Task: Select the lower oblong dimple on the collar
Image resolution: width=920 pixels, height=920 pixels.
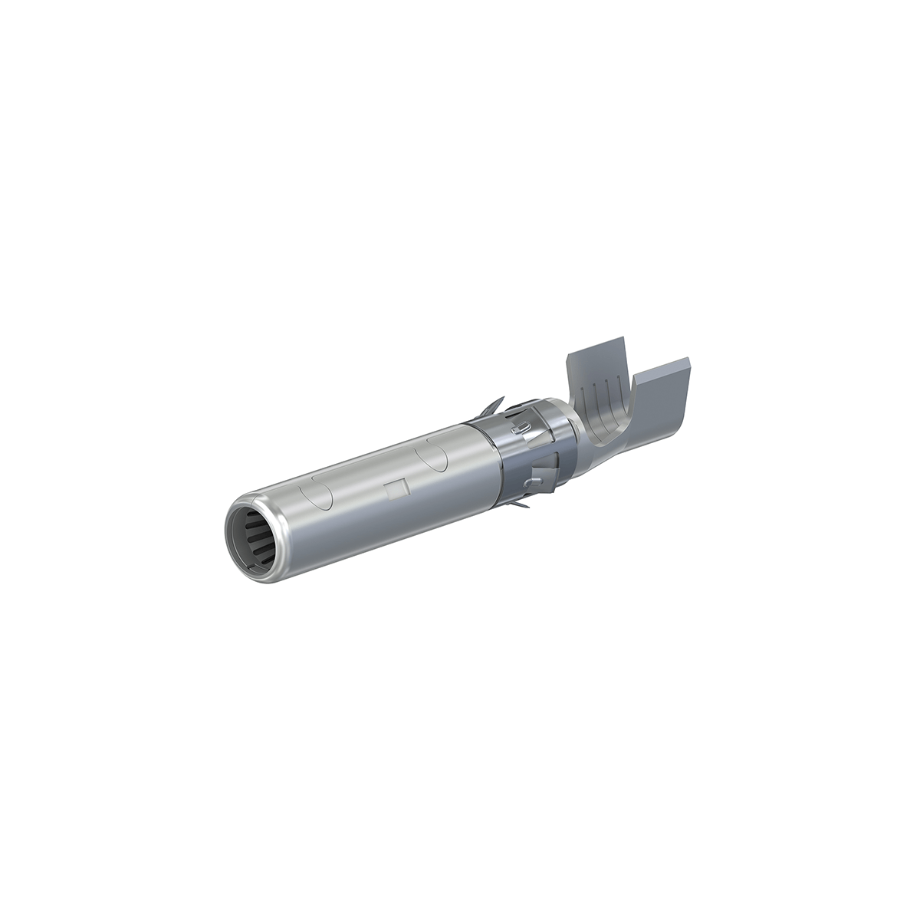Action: coord(530,481)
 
